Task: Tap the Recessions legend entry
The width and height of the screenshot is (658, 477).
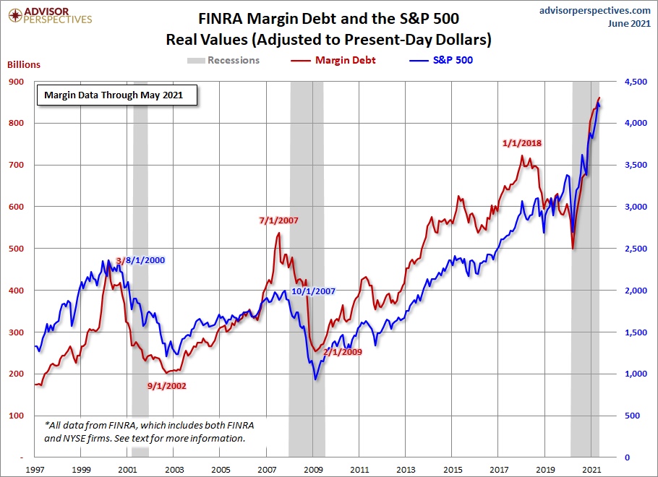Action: tap(233, 60)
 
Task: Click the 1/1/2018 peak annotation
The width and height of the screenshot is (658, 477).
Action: tap(521, 142)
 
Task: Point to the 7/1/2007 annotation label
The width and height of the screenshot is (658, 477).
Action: tap(278, 220)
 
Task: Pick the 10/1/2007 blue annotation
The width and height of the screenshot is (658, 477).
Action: tap(313, 291)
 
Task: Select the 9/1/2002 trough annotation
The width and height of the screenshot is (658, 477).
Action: tap(166, 385)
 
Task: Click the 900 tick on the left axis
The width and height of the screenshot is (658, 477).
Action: tap(16, 82)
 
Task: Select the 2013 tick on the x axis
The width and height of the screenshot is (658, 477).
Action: tap(406, 469)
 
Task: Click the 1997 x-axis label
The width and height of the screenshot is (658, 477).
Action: tap(35, 469)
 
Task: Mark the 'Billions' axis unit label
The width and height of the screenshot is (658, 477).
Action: tap(24, 64)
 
